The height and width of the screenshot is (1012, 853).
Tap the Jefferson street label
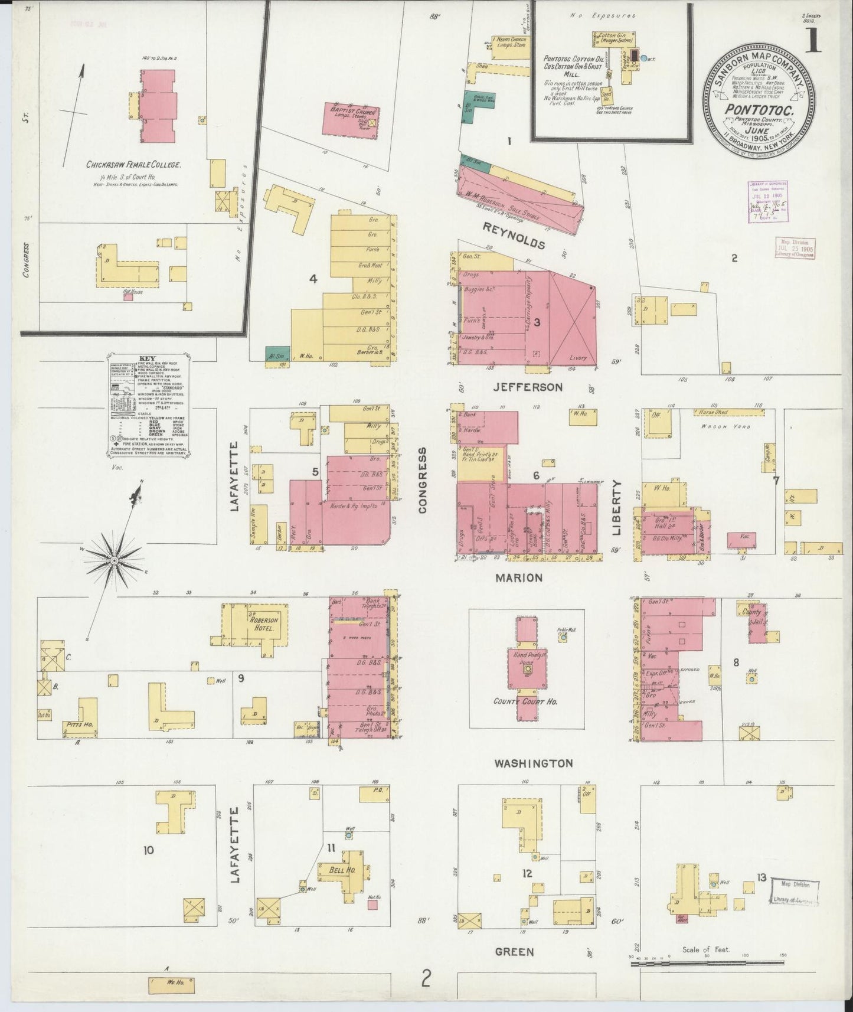(528, 387)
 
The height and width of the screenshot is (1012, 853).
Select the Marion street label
(518, 577)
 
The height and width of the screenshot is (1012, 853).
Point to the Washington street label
(534, 763)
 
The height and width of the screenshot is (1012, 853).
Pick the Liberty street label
(617, 508)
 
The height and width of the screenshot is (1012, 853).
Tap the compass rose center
(113, 559)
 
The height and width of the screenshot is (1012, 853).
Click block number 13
(762, 878)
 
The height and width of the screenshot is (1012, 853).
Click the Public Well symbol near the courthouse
(563, 637)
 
